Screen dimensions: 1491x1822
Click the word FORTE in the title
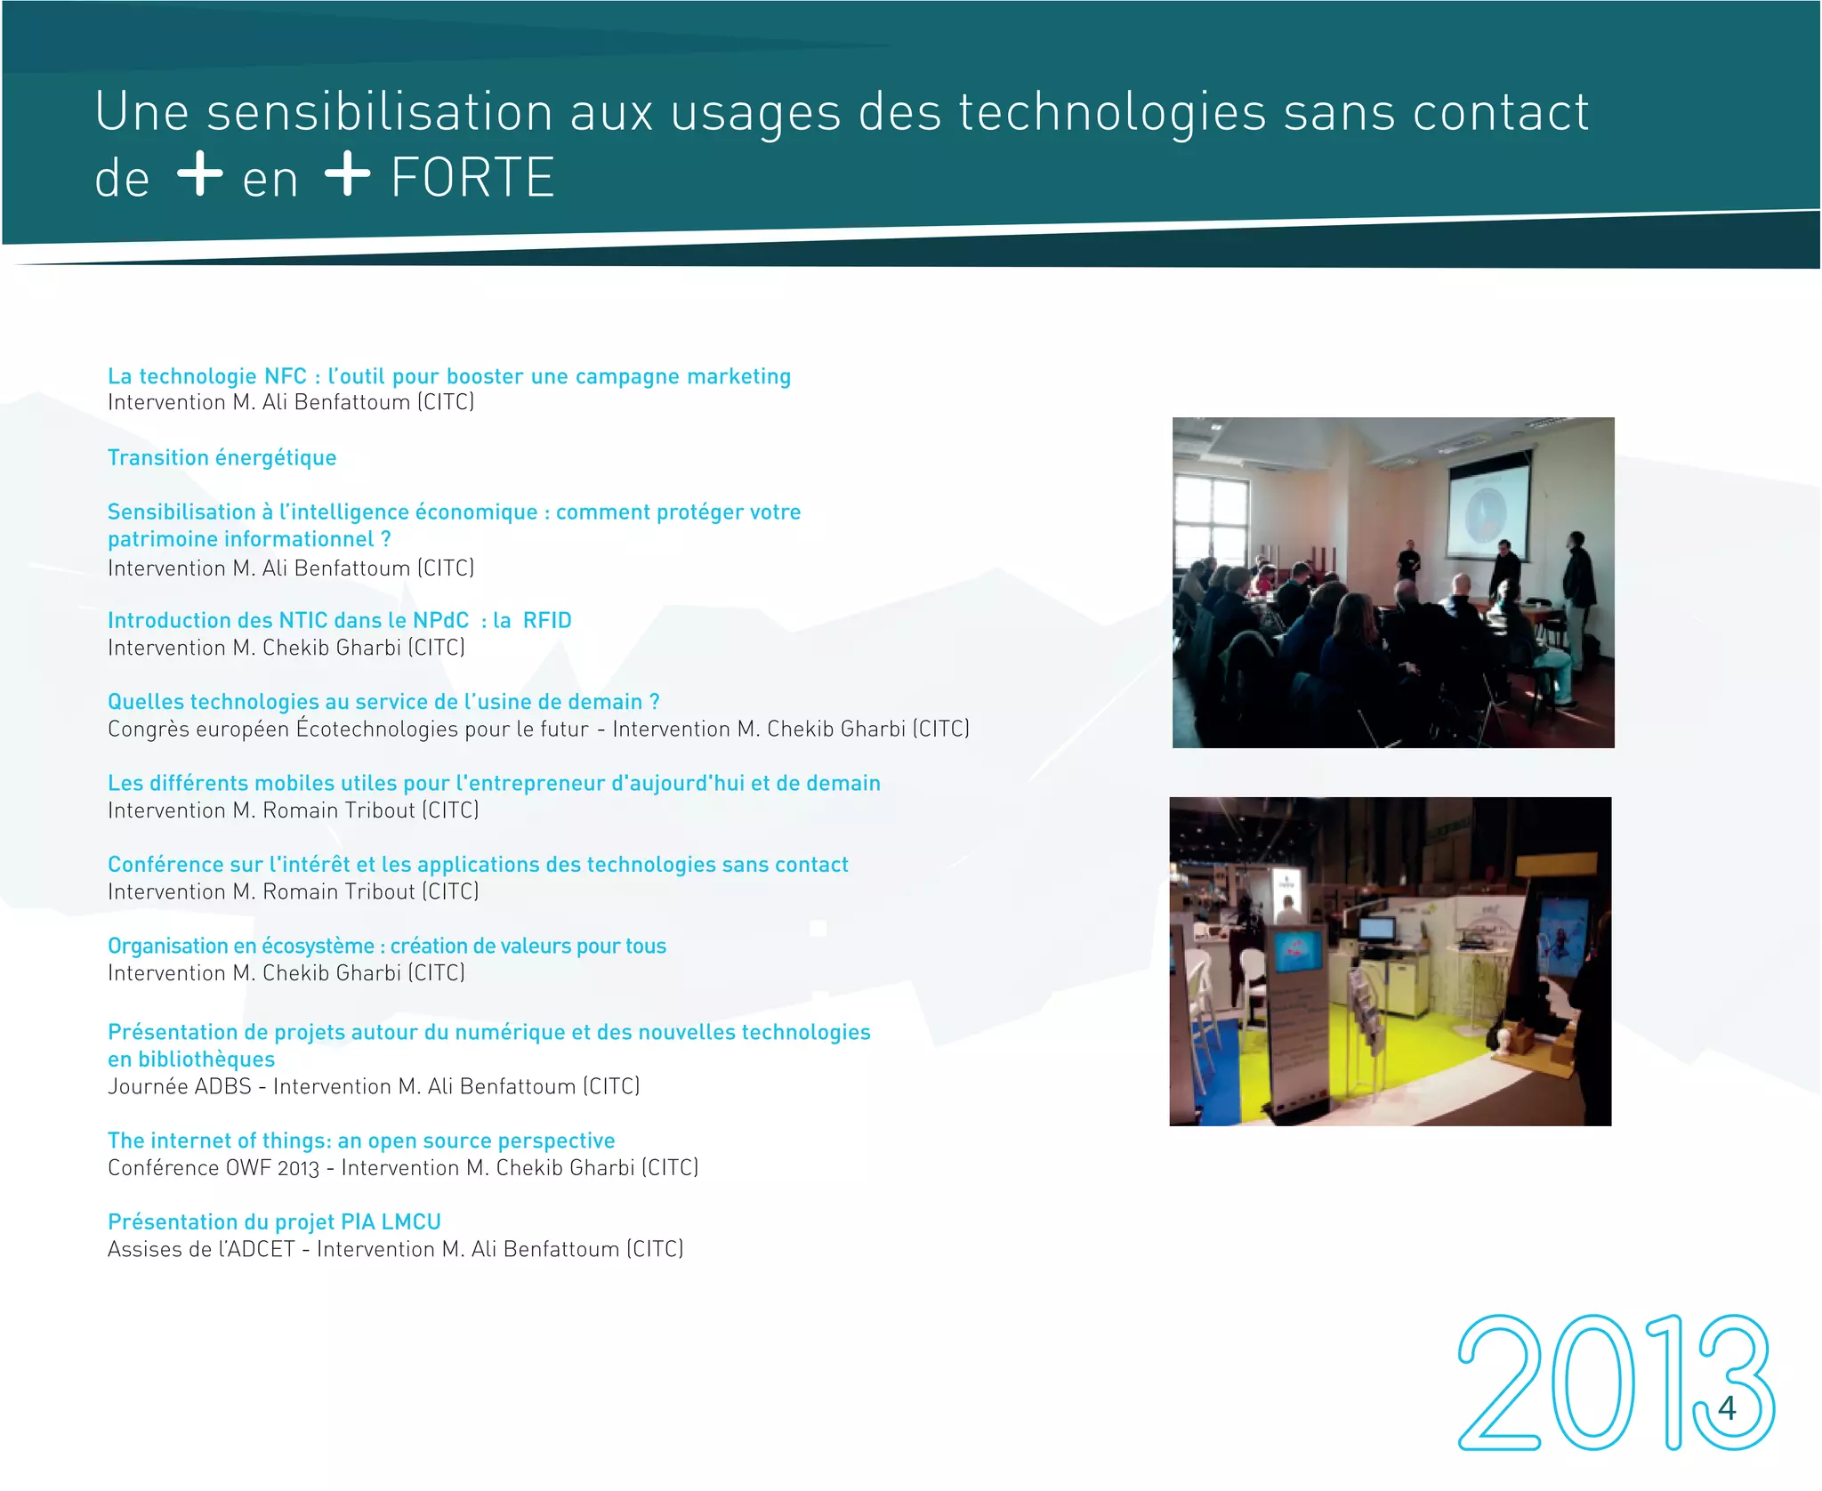pos(472,178)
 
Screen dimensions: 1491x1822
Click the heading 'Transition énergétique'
pos(222,458)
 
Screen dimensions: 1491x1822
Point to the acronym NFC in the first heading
pos(285,377)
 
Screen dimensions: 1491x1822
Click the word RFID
pos(546,621)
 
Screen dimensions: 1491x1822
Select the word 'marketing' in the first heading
pos(738,377)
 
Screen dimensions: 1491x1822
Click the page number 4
pos(1727,1408)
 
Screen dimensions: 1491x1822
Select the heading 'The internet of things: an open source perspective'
pos(361,1141)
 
